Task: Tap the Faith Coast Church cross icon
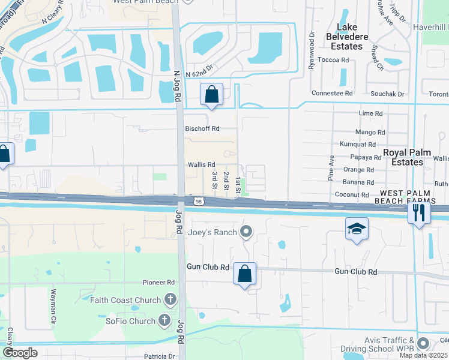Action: (x=170, y=300)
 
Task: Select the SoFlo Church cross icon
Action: (x=164, y=321)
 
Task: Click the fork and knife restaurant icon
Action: (x=418, y=212)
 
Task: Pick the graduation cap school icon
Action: (x=357, y=229)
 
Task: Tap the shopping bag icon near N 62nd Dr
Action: (x=211, y=94)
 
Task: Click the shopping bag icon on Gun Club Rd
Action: (x=244, y=274)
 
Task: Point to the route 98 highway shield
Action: (x=198, y=202)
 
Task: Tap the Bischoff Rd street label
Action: (x=202, y=128)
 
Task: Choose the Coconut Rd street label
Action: (x=352, y=195)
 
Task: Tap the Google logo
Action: (x=20, y=353)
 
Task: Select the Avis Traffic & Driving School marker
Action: (x=423, y=344)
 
